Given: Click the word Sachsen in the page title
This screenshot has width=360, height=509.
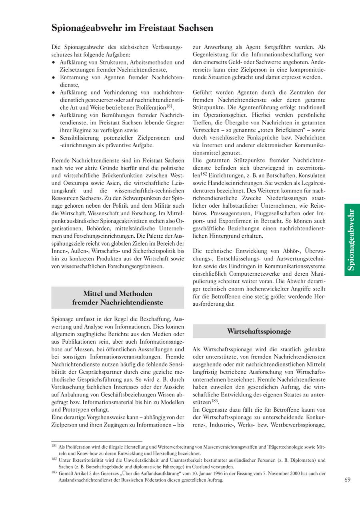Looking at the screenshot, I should tap(193, 28).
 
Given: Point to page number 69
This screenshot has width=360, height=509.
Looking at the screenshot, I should tap(347, 480).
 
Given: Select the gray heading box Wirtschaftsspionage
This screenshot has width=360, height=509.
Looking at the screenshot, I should tap(259, 331).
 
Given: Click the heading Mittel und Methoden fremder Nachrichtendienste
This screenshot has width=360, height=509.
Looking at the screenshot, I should tap(118, 298).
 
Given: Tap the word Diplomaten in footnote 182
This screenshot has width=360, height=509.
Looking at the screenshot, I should tap(300, 460).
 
